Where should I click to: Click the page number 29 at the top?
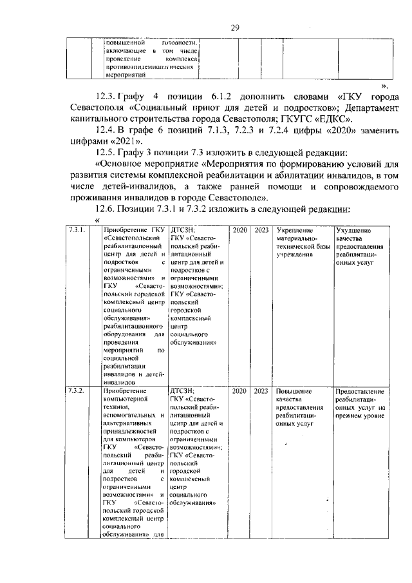tap(235, 27)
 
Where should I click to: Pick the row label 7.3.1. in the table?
tap(77, 230)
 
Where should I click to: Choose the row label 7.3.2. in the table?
tap(77, 392)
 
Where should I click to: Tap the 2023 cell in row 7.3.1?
tap(261, 230)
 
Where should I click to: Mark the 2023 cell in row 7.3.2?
tap(261, 392)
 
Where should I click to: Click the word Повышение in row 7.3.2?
tap(294, 392)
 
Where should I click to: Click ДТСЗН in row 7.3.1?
tap(182, 230)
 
